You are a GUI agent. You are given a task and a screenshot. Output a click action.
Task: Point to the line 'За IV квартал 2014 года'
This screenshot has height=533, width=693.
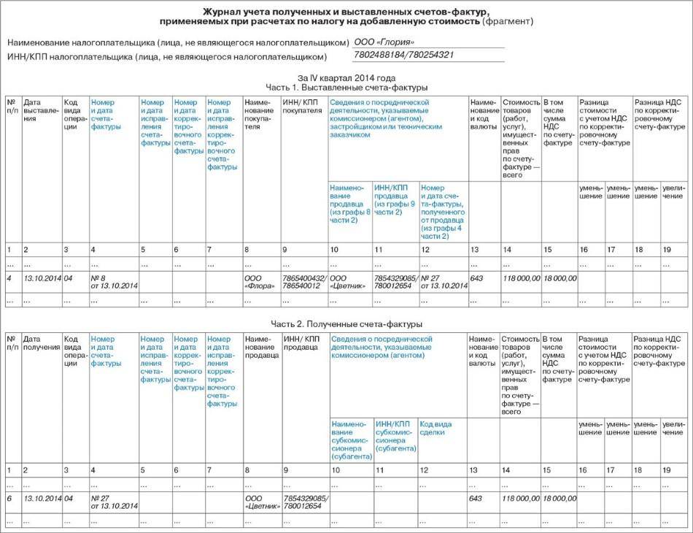click(346, 77)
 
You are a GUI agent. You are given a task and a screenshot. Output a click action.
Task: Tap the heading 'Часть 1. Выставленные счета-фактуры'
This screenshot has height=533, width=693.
click(346, 87)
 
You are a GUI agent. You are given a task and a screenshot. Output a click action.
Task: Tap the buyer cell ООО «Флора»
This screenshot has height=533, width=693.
click(259, 281)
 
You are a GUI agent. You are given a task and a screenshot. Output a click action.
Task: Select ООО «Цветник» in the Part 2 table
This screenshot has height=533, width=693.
click(260, 502)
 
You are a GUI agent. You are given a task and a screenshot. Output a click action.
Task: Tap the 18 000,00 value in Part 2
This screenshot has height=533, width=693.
click(560, 498)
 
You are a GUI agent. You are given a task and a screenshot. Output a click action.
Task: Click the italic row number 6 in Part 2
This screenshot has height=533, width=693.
click(9, 498)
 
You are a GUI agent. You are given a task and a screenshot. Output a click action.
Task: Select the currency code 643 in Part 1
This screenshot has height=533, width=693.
click(477, 277)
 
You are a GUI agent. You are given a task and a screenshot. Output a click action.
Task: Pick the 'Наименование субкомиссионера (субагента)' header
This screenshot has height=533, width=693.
click(350, 440)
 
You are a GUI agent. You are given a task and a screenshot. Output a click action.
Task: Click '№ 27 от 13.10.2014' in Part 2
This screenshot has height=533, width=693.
click(114, 502)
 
